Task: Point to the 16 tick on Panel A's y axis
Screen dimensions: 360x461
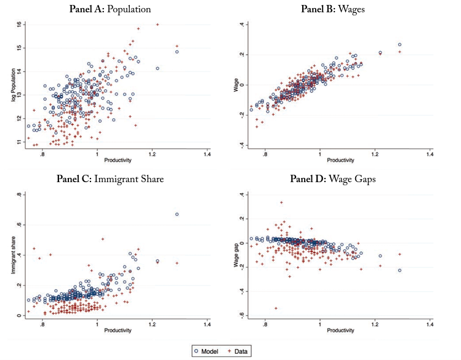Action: pyautogui.click(x=19, y=24)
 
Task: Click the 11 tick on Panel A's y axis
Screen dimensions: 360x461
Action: pyautogui.click(x=19, y=142)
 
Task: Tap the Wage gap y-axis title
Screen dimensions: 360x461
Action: pyautogui.click(x=236, y=255)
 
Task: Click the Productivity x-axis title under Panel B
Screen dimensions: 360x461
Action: pyautogui.click(x=340, y=161)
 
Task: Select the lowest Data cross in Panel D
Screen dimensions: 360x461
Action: pyautogui.click(x=276, y=308)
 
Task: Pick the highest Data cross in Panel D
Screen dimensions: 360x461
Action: pyautogui.click(x=281, y=202)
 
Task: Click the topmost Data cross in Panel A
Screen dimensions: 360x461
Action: pyautogui.click(x=158, y=25)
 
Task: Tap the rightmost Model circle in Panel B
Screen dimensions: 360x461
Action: pyautogui.click(x=399, y=44)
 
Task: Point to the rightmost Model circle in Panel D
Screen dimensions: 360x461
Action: pyautogui.click(x=399, y=270)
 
